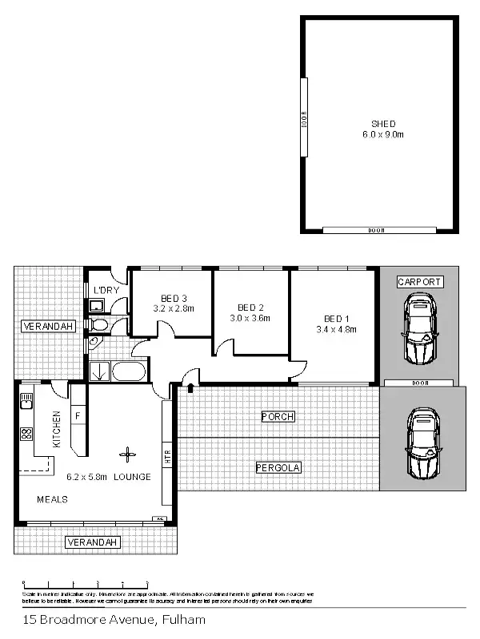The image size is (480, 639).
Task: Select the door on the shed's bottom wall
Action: tap(375, 230)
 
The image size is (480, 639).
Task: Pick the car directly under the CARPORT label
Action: tap(419, 327)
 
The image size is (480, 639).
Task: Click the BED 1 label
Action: tap(335, 317)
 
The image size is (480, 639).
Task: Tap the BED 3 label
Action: tap(174, 297)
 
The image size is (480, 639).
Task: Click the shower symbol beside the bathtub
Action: tap(100, 371)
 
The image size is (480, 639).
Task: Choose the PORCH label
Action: tap(278, 417)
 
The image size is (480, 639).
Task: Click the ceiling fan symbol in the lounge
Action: tap(125, 455)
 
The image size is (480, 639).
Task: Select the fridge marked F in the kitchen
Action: tap(78, 416)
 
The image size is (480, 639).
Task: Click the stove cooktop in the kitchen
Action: tap(25, 435)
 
